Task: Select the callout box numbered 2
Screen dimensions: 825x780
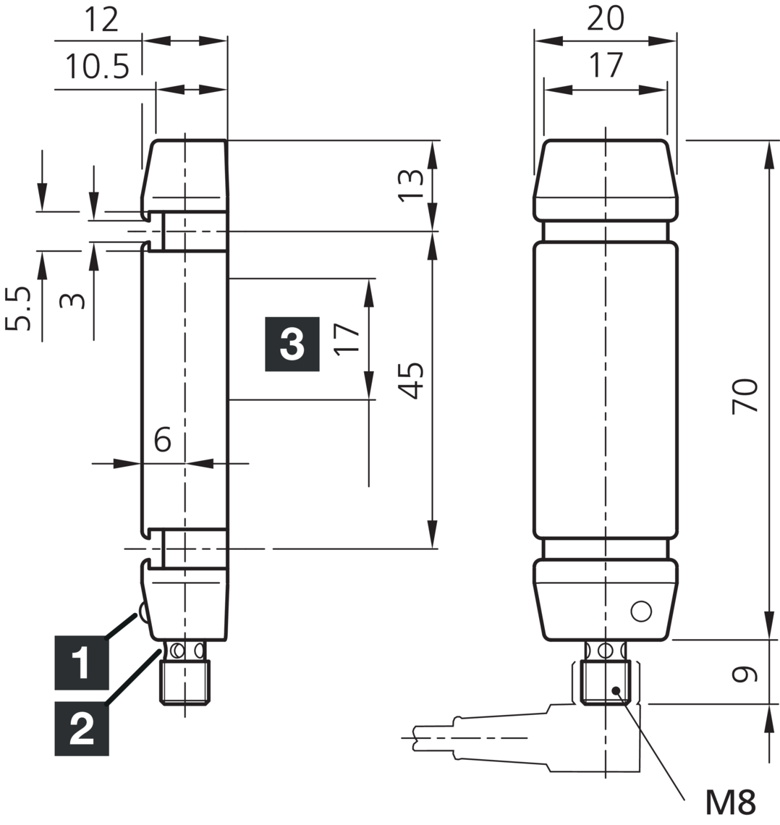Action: tap(82, 729)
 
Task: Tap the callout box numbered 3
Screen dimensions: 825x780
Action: tap(292, 344)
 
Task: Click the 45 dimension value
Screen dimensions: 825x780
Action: tap(411, 381)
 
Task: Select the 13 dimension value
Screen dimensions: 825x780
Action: tap(410, 185)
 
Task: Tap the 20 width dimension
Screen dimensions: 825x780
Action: tap(605, 18)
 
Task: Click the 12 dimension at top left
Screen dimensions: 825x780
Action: tap(101, 20)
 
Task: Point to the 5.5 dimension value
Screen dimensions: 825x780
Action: tap(20, 308)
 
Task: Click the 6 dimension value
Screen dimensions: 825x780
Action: tap(163, 439)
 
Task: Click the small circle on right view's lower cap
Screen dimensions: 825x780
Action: tap(640, 612)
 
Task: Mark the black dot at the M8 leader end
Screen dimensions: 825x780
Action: tap(616, 690)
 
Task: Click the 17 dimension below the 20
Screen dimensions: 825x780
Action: tap(605, 66)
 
